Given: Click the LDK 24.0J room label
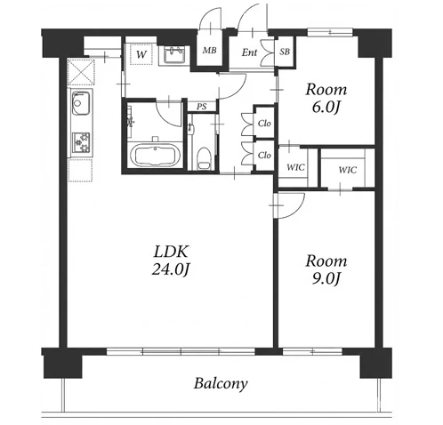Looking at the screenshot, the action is click(x=171, y=261).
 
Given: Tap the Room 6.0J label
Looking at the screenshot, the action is click(x=326, y=99).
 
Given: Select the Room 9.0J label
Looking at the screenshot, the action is click(x=326, y=269).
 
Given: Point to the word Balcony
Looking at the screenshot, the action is click(x=221, y=383).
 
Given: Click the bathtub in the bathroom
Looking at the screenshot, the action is click(x=155, y=156).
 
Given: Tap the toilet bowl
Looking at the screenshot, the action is click(x=203, y=158).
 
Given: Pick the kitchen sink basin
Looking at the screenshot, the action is click(x=80, y=103).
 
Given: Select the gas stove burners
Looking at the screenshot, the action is click(x=81, y=142).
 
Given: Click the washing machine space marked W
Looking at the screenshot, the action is click(x=141, y=54).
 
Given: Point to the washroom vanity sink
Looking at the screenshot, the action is click(x=174, y=55).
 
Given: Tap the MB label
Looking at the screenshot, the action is click(x=209, y=51).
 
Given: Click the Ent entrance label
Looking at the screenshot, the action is click(x=249, y=52).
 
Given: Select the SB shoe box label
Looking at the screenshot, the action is click(x=285, y=52).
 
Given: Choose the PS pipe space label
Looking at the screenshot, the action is click(x=202, y=107).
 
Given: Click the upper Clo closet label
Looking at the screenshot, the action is click(x=264, y=123).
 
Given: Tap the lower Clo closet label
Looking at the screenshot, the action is click(x=264, y=155).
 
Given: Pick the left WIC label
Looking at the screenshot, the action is click(x=295, y=167).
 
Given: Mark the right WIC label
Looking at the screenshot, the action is click(x=347, y=170).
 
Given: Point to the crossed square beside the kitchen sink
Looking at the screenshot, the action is click(x=81, y=72).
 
